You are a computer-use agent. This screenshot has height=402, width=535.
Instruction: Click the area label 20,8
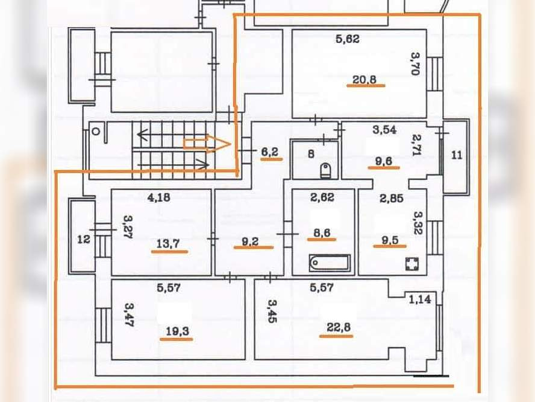tap(364, 80)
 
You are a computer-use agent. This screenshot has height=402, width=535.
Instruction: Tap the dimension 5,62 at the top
tap(348, 39)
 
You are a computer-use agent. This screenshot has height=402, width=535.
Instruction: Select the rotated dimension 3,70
tap(415, 63)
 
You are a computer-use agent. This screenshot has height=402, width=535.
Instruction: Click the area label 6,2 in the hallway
tap(270, 152)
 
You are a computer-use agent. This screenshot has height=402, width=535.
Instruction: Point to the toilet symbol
tap(325, 171)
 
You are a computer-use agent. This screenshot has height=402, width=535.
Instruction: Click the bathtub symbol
tap(330, 263)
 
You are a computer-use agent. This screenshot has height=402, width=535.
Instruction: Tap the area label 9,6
tap(384, 161)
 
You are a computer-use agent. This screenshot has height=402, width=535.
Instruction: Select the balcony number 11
tap(457, 155)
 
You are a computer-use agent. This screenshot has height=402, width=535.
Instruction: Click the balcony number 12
tap(84, 239)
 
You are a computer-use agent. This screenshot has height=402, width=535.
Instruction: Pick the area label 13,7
tap(168, 244)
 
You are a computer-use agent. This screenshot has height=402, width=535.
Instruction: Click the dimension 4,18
tap(158, 197)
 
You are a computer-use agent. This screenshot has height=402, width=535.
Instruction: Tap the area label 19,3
tap(177, 331)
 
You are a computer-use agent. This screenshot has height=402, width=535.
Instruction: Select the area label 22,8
tap(339, 327)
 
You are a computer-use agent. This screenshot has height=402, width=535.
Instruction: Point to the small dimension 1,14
tap(420, 299)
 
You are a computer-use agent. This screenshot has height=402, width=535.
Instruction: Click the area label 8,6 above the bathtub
tap(322, 233)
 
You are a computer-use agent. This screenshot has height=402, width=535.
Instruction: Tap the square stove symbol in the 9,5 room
tap(412, 264)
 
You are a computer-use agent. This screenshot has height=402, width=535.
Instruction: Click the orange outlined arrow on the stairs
tap(207, 144)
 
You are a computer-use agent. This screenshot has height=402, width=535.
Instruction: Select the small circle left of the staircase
tap(96, 131)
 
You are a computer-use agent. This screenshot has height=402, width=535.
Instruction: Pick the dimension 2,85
tap(392, 198)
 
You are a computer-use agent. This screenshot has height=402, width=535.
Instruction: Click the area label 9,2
tap(251, 241)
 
